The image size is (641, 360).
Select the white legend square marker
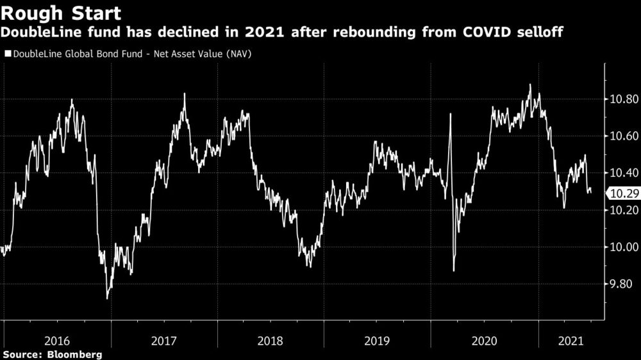click(x=6, y=54)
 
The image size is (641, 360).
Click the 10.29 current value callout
click(x=622, y=193)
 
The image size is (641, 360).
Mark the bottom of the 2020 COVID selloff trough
click(x=454, y=270)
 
